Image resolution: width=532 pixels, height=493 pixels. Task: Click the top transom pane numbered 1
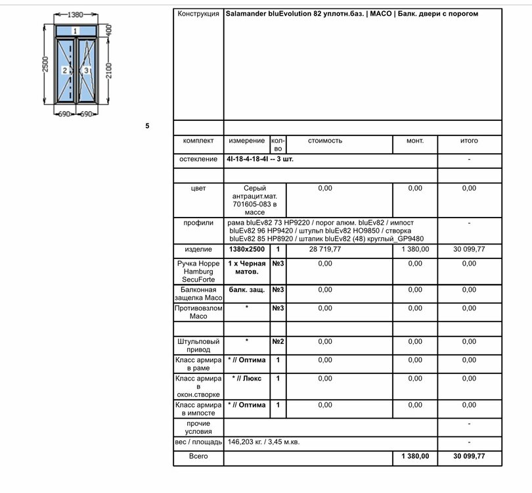coord(76,30)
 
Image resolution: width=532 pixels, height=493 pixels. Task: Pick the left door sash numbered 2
coord(64,70)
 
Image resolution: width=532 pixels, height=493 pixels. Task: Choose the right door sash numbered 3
coord(86,70)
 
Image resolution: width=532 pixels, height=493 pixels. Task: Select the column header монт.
coord(415,141)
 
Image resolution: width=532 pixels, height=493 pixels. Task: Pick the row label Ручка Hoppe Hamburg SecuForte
coord(198,271)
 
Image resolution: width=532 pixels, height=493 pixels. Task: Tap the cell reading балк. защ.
coord(246,289)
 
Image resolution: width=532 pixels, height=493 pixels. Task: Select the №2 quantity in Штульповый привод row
coord(278,341)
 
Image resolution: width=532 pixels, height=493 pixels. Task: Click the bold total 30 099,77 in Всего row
coord(468,456)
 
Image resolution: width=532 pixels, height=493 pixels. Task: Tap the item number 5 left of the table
coord(147,126)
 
